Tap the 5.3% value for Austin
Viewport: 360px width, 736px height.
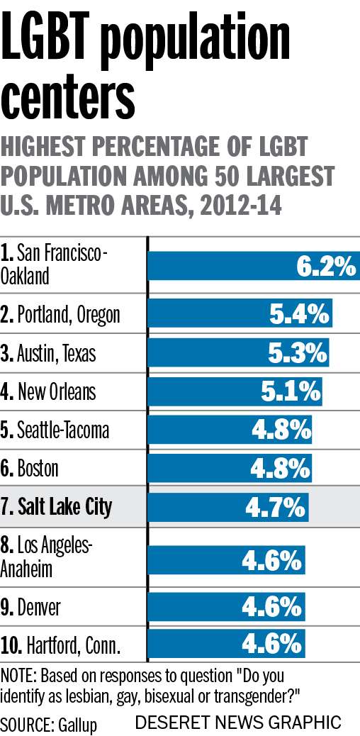coord(298,352)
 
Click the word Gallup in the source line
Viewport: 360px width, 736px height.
coord(74,725)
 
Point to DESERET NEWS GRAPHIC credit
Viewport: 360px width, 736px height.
coord(237,723)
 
